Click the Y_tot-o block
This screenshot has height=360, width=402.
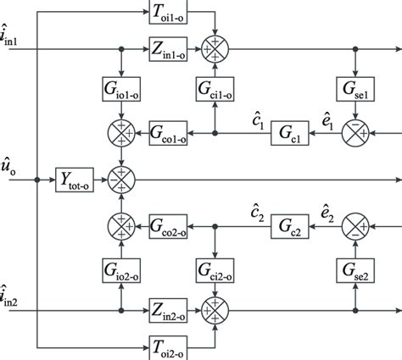coord(76,180)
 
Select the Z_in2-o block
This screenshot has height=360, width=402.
coord(176,309)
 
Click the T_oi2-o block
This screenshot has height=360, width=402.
coord(176,344)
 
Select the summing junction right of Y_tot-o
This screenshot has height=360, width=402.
coord(124,180)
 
